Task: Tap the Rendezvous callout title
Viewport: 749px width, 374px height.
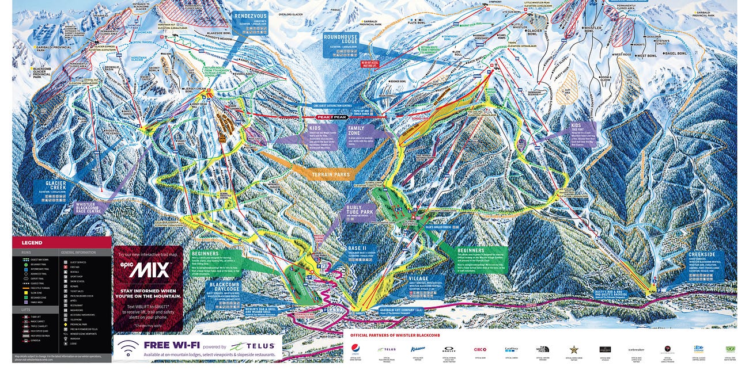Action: [x=249, y=16]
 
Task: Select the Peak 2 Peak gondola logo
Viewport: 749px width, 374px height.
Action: [x=331, y=117]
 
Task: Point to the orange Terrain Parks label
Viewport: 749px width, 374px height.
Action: [x=331, y=174]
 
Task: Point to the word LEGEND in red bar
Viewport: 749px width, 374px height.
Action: [x=32, y=243]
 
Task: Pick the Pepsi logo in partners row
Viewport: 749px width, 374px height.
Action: [x=355, y=349]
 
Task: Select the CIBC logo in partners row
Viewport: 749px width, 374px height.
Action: [x=480, y=349]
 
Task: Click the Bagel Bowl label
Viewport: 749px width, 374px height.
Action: [x=675, y=53]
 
